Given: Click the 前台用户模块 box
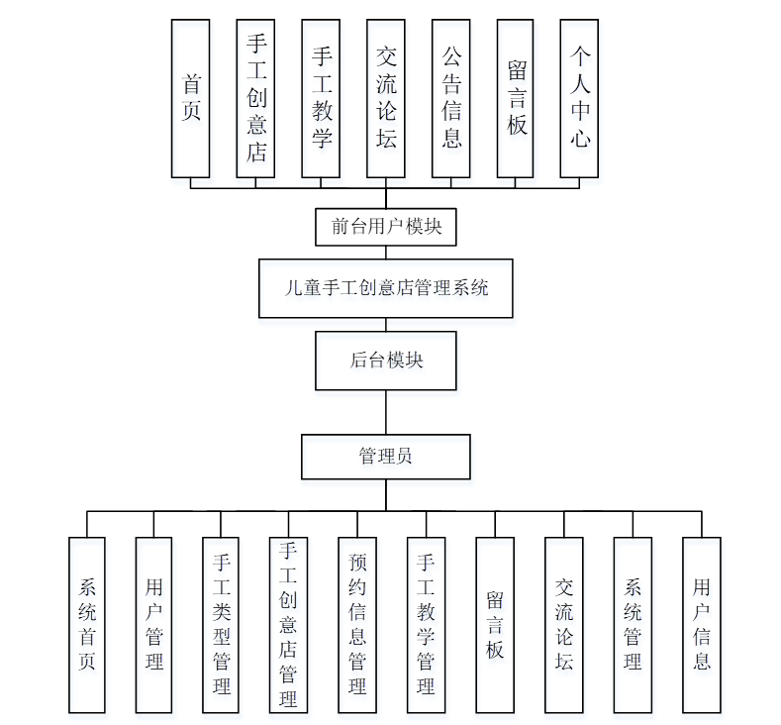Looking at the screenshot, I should (386, 227).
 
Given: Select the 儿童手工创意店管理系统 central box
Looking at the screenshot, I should (386, 288).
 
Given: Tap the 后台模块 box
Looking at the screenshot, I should (386, 361).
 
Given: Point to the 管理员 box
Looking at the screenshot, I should (386, 457).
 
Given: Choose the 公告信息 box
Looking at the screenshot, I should (451, 98).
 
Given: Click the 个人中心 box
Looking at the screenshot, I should (580, 98).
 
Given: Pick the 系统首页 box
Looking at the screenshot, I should (87, 624).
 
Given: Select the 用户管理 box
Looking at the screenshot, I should (153, 624).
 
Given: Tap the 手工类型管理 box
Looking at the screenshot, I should (222, 624).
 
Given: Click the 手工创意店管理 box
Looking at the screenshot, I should (288, 624).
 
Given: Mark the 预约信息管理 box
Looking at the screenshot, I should (357, 624).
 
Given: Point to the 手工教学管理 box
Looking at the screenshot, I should (426, 624).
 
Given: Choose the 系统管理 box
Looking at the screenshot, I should (633, 624).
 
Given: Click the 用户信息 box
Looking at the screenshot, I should (702, 624).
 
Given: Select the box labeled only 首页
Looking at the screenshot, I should (191, 98).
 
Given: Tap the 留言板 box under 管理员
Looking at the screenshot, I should (495, 624).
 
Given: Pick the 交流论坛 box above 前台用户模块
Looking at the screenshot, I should (386, 98).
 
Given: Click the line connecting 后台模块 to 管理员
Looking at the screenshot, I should (386, 411).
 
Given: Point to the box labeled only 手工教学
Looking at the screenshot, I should (321, 98).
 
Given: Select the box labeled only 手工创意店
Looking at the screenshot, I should (256, 98).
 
